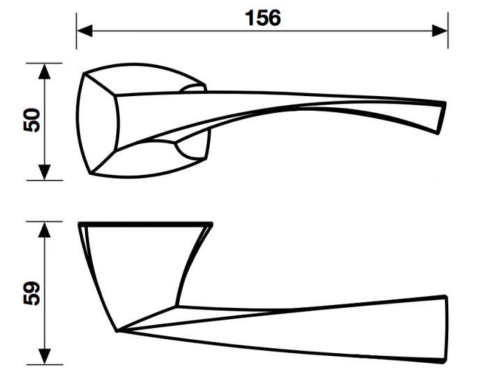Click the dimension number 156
pos(263,17)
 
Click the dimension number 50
pos(32,120)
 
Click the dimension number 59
pos(32,293)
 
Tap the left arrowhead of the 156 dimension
pos(84,31)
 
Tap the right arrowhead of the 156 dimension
pos(440,31)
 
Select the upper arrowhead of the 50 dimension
pos(45,71)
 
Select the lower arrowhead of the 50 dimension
pos(45,172)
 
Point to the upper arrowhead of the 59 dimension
pos(45,230)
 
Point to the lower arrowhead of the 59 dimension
pos(45,357)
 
